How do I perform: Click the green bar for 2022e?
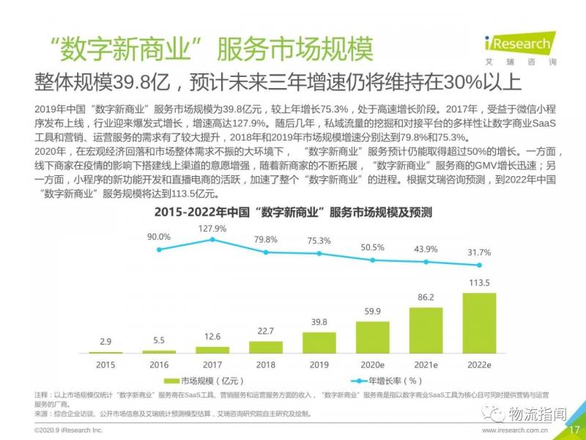(x=479, y=323)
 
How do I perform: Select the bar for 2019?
(x=319, y=342)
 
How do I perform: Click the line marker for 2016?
(x=159, y=249)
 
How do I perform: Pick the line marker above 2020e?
(x=372, y=260)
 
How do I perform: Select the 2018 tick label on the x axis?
(x=266, y=364)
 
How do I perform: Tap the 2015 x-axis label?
(x=105, y=364)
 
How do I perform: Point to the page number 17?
(x=574, y=430)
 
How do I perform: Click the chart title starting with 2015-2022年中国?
(x=293, y=213)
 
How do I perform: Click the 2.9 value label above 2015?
(x=105, y=342)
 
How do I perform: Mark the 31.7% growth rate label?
(x=479, y=253)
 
